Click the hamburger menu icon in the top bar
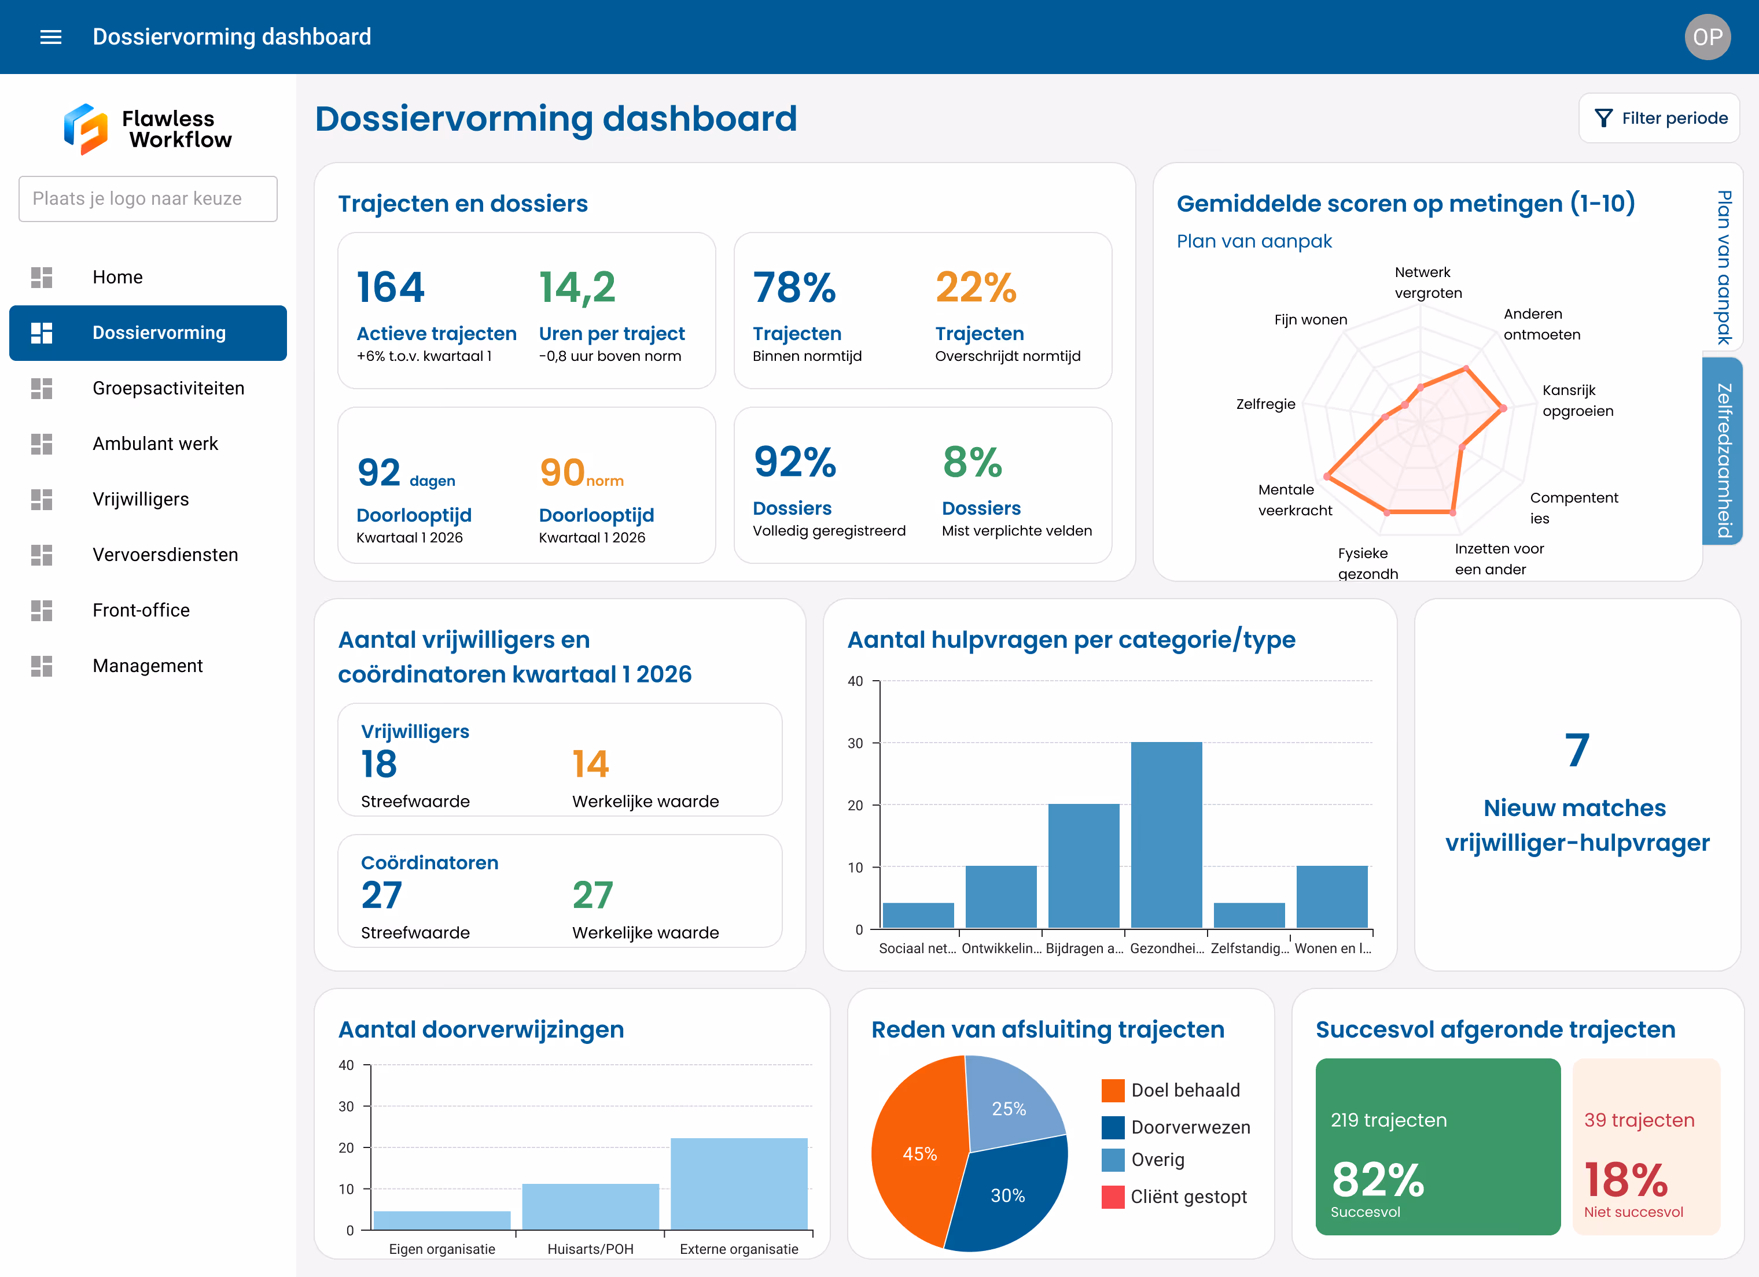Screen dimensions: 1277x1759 point(50,36)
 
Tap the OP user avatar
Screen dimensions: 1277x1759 point(1707,36)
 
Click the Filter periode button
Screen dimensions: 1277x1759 point(1659,118)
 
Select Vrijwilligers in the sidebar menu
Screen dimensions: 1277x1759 point(141,499)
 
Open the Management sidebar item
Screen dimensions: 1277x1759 point(148,666)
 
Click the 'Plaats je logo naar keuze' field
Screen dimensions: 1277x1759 point(148,198)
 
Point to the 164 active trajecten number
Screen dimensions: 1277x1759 point(390,287)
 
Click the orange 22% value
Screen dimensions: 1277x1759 point(975,287)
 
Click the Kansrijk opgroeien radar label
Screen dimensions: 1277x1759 point(1577,401)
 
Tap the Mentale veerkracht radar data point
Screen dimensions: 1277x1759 point(1328,477)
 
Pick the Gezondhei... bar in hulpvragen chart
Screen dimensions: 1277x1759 point(1166,835)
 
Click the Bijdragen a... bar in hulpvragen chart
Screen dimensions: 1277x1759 point(1084,865)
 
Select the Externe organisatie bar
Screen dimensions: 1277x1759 point(738,1183)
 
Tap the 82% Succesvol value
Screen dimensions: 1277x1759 point(1378,1180)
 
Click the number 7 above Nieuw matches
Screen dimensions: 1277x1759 point(1577,751)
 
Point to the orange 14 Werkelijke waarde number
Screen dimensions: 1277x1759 point(590,764)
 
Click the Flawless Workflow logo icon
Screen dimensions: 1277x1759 point(85,129)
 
